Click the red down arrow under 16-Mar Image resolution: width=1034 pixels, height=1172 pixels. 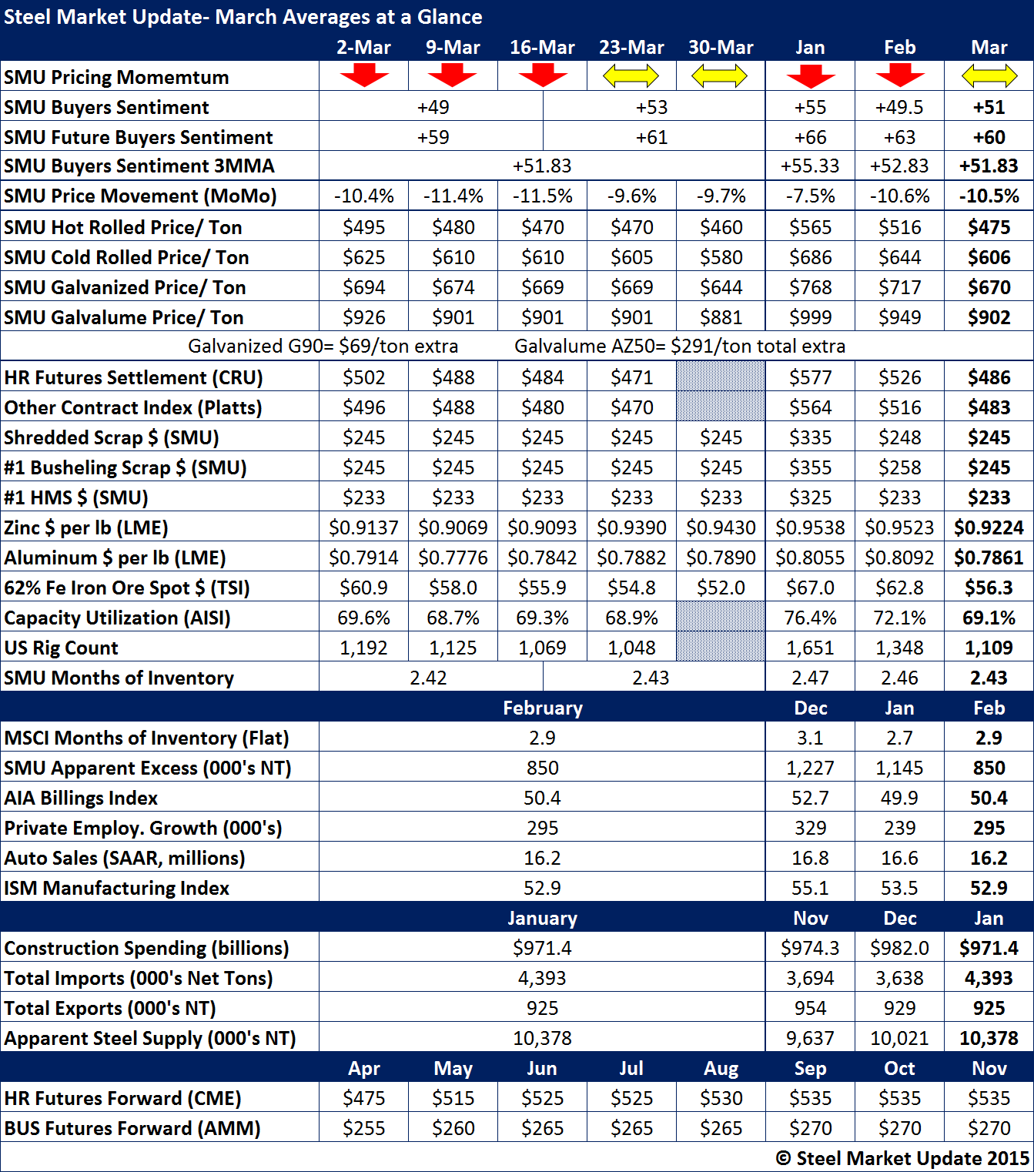(543, 75)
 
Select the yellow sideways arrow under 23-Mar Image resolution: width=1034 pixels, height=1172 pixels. (631, 75)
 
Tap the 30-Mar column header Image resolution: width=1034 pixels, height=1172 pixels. (721, 47)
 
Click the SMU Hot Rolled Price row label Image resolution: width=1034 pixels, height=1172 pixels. (123, 227)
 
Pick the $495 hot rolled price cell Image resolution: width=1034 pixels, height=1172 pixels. (363, 227)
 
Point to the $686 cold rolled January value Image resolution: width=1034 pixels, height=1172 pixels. (810, 257)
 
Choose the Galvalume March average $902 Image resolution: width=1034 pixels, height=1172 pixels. (989, 317)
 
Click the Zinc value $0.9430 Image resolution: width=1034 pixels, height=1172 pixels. (721, 527)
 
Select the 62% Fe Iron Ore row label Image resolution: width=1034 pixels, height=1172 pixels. (127, 588)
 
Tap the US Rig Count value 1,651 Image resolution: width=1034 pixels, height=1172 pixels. (810, 648)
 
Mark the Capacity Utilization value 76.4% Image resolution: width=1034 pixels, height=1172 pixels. (810, 618)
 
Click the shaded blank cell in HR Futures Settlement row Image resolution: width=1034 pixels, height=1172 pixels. (721, 377)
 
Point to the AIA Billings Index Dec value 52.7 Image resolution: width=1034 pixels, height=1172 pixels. (810, 798)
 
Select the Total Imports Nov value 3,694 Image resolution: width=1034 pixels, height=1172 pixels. (810, 978)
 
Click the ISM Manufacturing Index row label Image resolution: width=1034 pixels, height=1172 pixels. (117, 888)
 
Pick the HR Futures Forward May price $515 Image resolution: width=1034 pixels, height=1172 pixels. (453, 1098)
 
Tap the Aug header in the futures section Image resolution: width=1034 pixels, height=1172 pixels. (721, 1068)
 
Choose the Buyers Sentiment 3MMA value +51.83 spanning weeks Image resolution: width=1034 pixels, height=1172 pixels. (542, 166)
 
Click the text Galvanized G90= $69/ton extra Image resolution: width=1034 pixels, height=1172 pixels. (323, 347)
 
